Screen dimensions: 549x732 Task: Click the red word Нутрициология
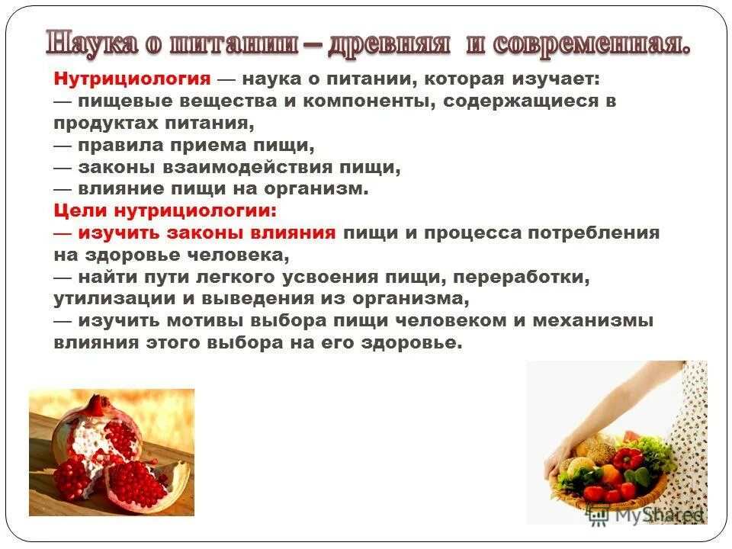click(132, 79)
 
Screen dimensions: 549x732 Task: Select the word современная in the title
click(592, 43)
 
